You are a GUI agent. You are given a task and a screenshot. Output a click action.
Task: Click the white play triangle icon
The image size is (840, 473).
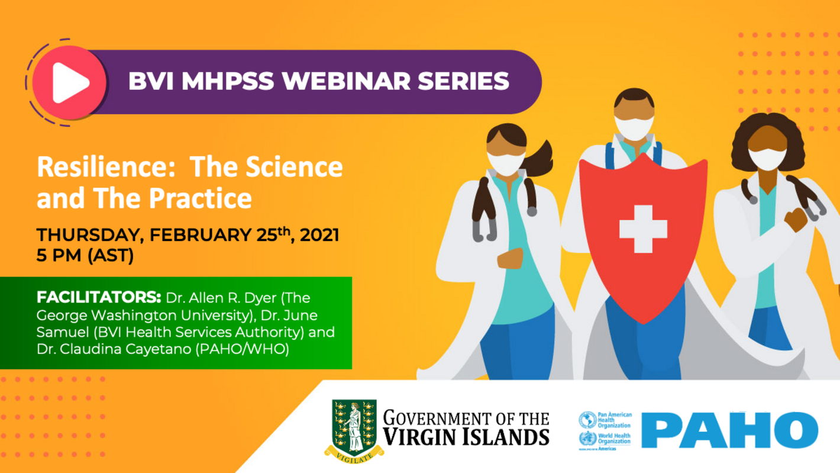(x=70, y=82)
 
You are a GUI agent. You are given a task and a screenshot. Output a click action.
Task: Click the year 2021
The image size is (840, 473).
(x=320, y=236)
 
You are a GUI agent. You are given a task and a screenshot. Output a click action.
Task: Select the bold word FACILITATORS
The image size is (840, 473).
(x=99, y=297)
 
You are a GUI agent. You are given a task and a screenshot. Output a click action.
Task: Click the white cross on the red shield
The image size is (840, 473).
(x=643, y=229)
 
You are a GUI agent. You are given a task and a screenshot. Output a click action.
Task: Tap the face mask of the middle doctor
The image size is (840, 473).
(x=634, y=127)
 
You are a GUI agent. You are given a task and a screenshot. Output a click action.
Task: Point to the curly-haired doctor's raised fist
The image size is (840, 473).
(x=795, y=220)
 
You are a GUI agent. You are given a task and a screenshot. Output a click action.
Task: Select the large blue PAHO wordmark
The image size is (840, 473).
(x=730, y=430)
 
